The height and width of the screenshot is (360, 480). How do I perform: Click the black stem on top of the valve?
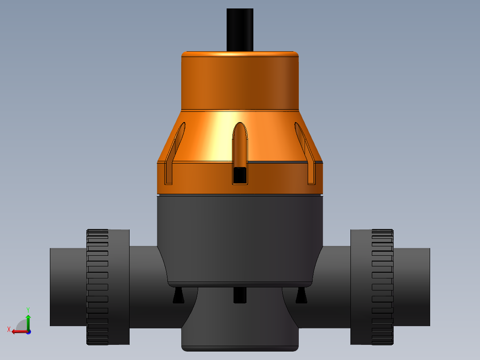coord(240,29)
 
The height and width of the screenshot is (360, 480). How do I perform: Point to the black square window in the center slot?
coord(240,175)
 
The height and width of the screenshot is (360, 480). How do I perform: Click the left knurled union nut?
coord(98,287)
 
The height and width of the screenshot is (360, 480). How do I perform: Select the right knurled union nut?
coord(382,287)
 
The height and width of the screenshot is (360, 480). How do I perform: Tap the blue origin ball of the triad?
coord(28,331)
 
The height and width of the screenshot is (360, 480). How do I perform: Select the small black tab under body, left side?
coord(179,296)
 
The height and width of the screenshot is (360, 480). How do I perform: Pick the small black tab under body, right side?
coord(301,296)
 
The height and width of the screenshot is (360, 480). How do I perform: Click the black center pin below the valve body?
coord(240,295)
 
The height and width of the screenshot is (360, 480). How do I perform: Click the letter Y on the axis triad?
coord(28,309)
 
